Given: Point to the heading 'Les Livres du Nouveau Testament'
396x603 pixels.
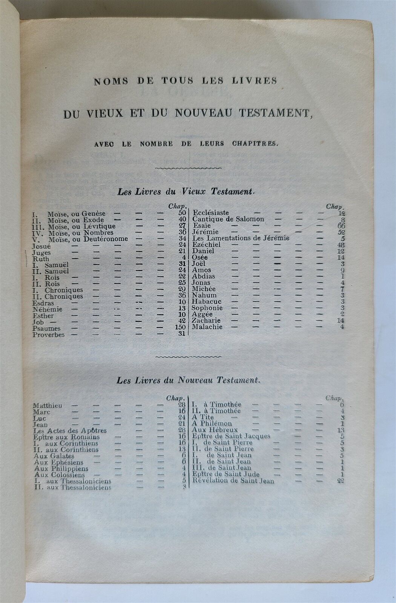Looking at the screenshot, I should pos(189,380).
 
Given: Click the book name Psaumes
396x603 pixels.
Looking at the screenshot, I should pos(47,329).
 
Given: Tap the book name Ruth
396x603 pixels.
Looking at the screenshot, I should pos(41,259).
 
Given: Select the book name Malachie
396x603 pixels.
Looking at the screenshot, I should pos(207,327).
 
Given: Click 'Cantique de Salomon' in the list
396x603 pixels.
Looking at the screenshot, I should pos(228,219).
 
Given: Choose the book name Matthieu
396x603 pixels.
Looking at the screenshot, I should pos(48,406).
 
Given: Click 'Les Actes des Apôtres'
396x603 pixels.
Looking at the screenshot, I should pos(70,430).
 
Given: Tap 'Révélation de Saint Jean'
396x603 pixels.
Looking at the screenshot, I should pos(233,481).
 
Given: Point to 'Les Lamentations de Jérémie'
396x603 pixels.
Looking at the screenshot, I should pos(241,238).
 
